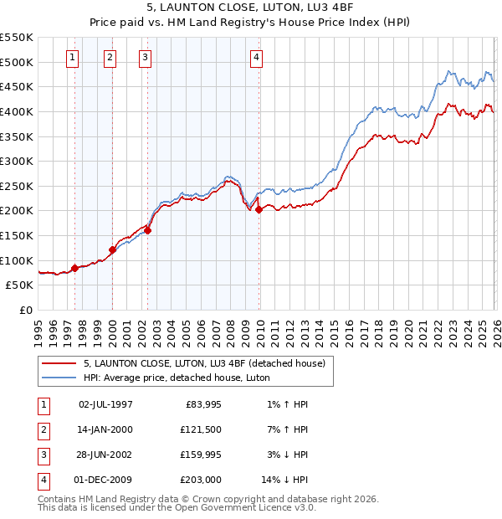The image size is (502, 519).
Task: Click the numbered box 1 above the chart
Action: (x=74, y=58)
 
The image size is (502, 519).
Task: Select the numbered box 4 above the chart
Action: (x=256, y=58)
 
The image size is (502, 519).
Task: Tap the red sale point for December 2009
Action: (x=259, y=209)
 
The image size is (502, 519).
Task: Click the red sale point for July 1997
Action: (x=74, y=268)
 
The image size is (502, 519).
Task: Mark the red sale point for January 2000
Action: (x=112, y=249)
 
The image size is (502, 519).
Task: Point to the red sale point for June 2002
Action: (x=147, y=230)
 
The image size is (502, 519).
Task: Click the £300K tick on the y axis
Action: (x=17, y=161)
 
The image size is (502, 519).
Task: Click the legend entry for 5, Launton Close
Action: (x=209, y=363)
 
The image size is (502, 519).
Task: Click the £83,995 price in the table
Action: (x=200, y=404)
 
